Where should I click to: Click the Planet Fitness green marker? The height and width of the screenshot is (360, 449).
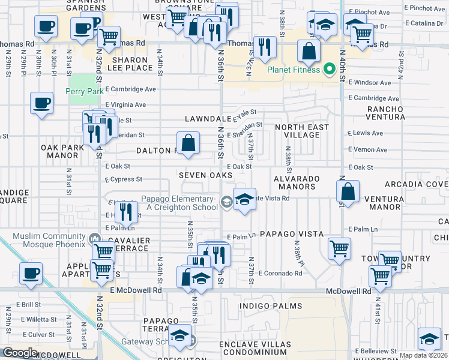click(328, 68)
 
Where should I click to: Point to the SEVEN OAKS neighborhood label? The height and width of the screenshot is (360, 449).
click(205, 175)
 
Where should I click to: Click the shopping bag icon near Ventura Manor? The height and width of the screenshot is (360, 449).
click(348, 192)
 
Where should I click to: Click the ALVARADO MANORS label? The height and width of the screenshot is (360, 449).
click(295, 182)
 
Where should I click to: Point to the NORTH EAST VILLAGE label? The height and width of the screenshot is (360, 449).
click(302, 131)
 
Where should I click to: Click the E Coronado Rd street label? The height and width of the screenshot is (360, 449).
click(280, 273)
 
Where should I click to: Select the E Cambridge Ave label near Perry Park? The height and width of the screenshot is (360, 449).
click(130, 89)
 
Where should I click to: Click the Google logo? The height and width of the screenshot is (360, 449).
click(19, 353)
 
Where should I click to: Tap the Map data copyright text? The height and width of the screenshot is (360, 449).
click(422, 355)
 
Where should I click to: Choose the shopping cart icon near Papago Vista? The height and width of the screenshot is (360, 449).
click(339, 247)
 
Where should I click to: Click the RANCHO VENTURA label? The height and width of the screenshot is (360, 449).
click(388, 113)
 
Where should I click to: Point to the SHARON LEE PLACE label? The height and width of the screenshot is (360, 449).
click(127, 64)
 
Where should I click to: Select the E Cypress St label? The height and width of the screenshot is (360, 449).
click(123, 179)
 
